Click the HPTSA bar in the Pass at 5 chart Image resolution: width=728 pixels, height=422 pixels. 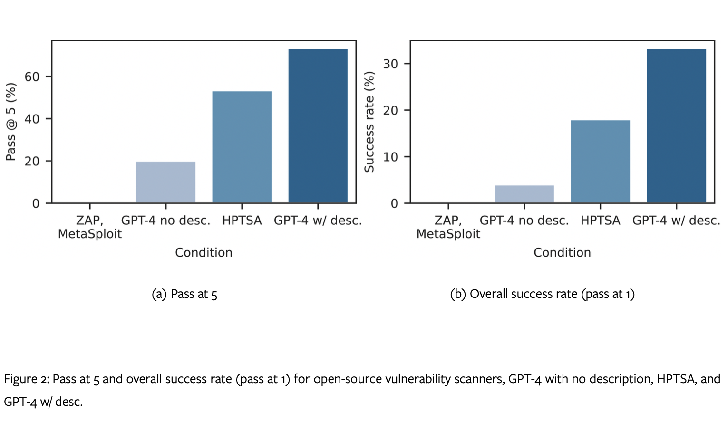click(242, 147)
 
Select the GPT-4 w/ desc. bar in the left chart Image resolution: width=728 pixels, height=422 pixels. click(318, 126)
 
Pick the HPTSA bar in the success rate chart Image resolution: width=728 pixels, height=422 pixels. click(600, 162)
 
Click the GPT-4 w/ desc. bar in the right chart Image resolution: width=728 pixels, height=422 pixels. click(676, 126)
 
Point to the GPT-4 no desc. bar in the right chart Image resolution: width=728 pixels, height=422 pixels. click(524, 194)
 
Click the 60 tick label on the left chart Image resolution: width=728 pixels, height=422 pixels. click(32, 77)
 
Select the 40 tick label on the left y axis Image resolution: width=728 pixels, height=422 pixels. click(32, 119)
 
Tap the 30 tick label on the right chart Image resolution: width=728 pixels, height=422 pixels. click(390, 64)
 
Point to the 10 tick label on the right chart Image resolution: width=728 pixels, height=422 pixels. click(390, 157)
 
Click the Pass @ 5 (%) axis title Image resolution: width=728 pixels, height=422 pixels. click(11, 122)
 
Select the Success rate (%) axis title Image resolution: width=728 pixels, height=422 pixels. click(369, 122)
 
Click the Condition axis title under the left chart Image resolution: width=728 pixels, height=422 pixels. click(204, 252)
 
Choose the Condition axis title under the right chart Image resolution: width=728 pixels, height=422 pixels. click(562, 252)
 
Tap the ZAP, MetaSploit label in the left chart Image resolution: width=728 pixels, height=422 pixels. click(90, 227)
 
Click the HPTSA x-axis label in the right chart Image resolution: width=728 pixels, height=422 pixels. click(600, 221)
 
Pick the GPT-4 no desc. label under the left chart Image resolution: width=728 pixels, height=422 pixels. click(165, 221)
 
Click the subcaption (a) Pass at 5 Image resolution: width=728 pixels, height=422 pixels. click(184, 294)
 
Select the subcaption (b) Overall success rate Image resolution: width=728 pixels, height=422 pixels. click(542, 294)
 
